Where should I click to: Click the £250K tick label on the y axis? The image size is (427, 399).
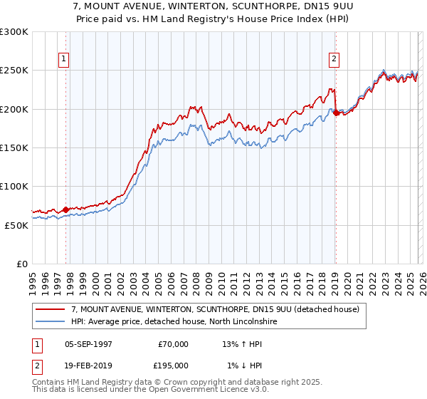coord(14,71)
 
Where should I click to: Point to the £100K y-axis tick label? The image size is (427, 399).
coord(14,186)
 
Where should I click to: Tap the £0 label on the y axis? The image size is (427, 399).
coord(21,264)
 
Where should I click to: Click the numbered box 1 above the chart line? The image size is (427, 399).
coord(65,59)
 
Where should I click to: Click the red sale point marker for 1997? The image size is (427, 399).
coord(65,209)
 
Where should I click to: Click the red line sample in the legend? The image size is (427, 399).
coord(51,309)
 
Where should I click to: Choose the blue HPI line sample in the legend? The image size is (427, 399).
coord(51,322)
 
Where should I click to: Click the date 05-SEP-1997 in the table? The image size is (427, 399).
coord(88,344)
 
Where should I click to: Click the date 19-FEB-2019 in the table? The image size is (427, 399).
coord(88,366)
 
